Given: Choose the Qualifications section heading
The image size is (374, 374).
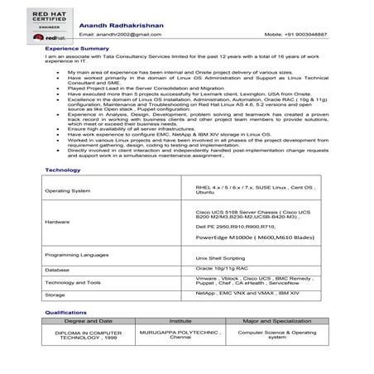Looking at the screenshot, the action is [67, 313].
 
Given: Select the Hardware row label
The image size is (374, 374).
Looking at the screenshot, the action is [58, 223].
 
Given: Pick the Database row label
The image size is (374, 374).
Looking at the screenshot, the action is [58, 270].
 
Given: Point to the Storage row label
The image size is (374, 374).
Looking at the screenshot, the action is [55, 294].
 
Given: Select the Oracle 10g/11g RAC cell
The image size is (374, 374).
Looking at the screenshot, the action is [222, 268].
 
